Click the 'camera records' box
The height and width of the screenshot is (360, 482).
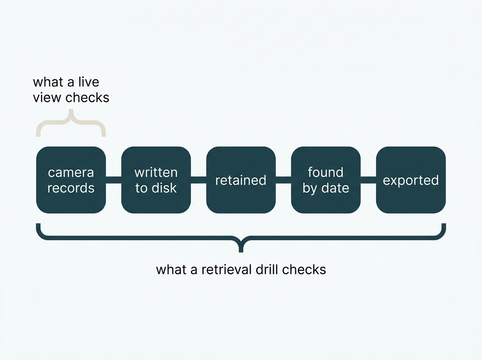71,180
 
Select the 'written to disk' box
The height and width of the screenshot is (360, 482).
156,180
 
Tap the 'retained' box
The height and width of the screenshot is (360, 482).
241,180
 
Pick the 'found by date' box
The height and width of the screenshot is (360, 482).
326,180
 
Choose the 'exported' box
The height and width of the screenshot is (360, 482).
411,180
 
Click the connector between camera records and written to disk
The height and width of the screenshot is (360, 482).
114,180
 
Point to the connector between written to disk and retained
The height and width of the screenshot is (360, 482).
198,180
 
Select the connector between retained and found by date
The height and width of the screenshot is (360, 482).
284,180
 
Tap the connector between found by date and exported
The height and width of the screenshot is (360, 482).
368,180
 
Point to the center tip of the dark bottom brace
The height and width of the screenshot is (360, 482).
241,252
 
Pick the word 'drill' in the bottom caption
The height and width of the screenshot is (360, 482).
267,270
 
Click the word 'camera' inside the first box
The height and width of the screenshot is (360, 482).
71,173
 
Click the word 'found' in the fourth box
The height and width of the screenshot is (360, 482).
326,172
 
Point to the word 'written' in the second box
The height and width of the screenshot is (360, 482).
156,172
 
